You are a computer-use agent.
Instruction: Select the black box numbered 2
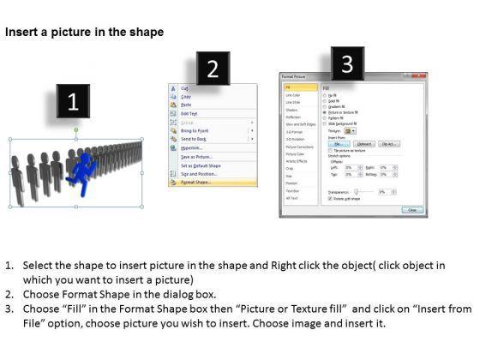(213, 69)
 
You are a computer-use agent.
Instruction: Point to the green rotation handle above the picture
(75, 129)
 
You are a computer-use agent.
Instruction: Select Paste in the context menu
(186, 105)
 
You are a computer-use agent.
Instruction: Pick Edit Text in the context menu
(189, 113)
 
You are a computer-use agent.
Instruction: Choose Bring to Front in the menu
(195, 129)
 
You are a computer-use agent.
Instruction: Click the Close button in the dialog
(413, 210)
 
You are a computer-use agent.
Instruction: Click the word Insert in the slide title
(21, 32)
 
